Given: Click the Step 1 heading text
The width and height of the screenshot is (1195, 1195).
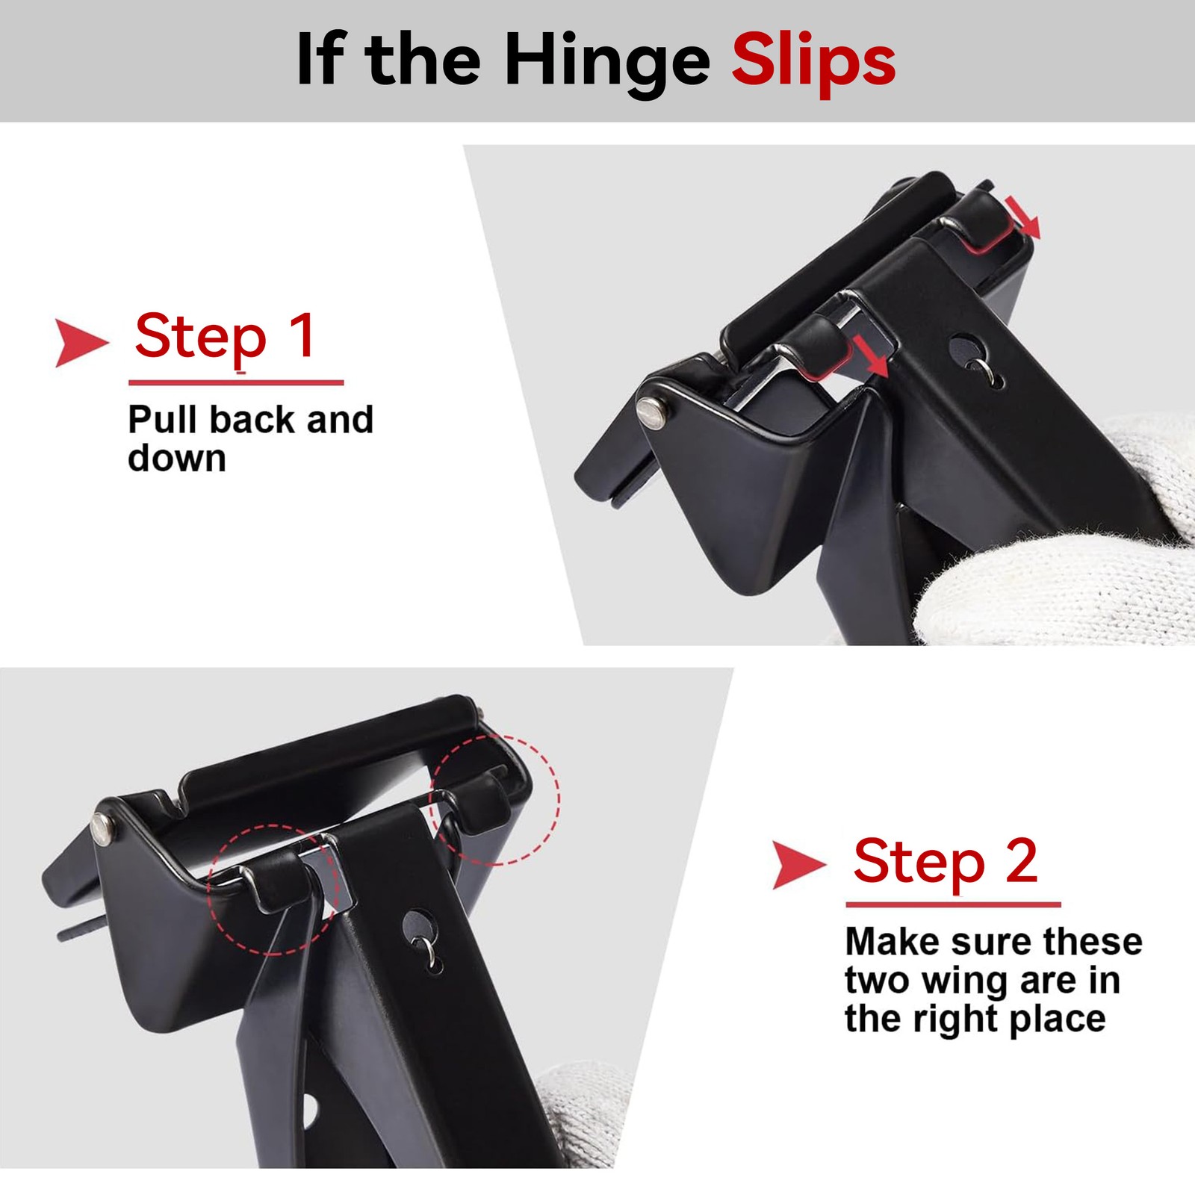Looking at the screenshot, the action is pyautogui.click(x=226, y=337).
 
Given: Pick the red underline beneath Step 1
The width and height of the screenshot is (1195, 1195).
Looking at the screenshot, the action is pyautogui.click(x=236, y=382).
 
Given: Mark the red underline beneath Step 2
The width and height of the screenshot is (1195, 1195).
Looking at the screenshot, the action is pyautogui.click(x=953, y=904).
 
